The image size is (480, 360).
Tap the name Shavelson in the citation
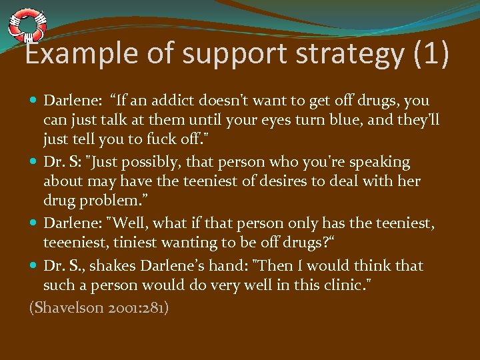67,309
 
